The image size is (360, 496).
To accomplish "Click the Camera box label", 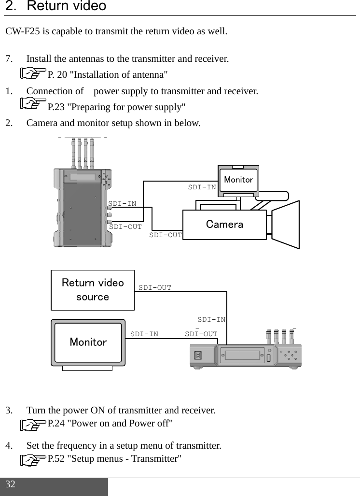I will pos(224,225).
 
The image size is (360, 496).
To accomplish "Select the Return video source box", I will pos(93,290).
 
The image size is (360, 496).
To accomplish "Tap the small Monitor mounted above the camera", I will pos(238,180).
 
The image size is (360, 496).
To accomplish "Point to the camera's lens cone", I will pos(286,225).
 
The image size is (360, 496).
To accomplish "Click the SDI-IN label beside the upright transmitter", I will pos(123,203).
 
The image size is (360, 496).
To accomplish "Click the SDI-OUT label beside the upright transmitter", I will pos(125,226).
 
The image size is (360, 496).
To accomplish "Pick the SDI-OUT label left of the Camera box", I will pos(166,235).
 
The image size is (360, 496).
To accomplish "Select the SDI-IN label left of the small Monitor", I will pos(202,186).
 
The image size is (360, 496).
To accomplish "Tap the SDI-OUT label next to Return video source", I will pos(155,287).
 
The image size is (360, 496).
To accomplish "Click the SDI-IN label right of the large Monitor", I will pos(144,334).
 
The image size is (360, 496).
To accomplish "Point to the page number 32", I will pos(11,484).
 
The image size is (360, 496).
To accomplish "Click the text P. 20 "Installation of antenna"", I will pos(108,74).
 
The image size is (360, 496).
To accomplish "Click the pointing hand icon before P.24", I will pos(33,425).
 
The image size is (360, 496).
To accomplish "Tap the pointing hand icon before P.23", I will pos(33,104).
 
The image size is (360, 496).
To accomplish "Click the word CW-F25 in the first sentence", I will pos(23,32).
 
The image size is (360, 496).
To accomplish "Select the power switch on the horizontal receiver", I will pos(197,355).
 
